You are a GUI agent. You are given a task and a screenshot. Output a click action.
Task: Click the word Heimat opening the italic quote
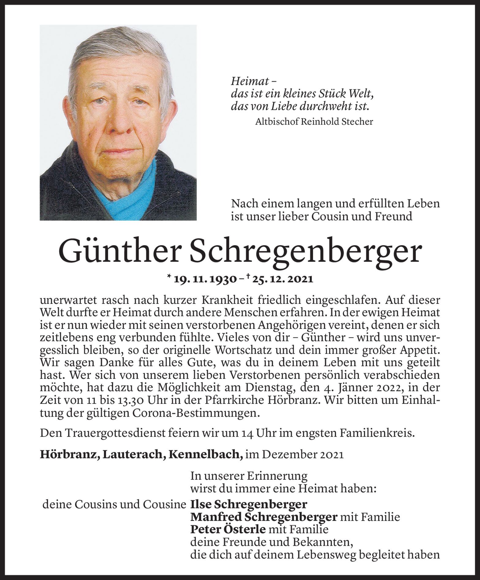(248, 81)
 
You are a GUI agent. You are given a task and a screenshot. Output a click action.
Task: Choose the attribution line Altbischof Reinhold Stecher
(314, 122)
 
